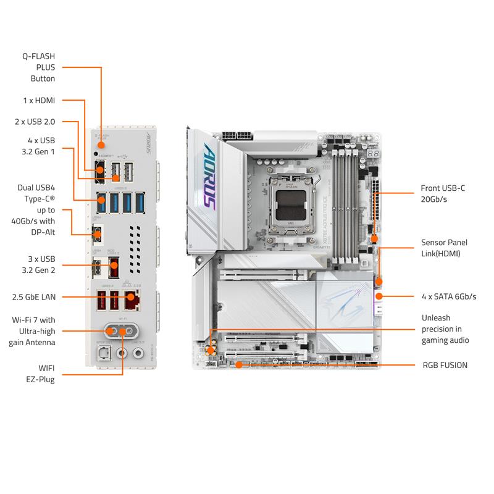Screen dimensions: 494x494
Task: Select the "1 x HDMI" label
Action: [x=38, y=99]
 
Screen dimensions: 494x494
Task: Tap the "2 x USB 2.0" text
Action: [x=35, y=122]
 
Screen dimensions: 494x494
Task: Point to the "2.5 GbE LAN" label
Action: [x=34, y=297]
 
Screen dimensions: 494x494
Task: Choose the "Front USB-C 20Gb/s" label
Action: [x=443, y=193]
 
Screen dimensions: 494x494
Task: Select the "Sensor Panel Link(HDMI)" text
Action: [x=445, y=248]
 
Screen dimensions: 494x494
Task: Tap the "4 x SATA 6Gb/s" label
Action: [x=449, y=296]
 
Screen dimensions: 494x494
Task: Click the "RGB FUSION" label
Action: [x=445, y=365]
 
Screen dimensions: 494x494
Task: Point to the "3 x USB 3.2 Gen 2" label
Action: [x=40, y=264]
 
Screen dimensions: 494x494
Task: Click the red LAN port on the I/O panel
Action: [x=130, y=300]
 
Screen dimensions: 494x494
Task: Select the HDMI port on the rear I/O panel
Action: [x=99, y=169]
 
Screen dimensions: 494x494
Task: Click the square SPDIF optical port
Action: [x=101, y=354]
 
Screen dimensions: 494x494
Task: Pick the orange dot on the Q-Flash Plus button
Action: [x=101, y=144]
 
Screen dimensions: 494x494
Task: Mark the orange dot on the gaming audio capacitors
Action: [x=211, y=350]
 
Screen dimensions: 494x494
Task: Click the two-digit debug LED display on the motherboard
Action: [x=373, y=153]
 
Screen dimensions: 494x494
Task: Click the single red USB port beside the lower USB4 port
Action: [x=114, y=270]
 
